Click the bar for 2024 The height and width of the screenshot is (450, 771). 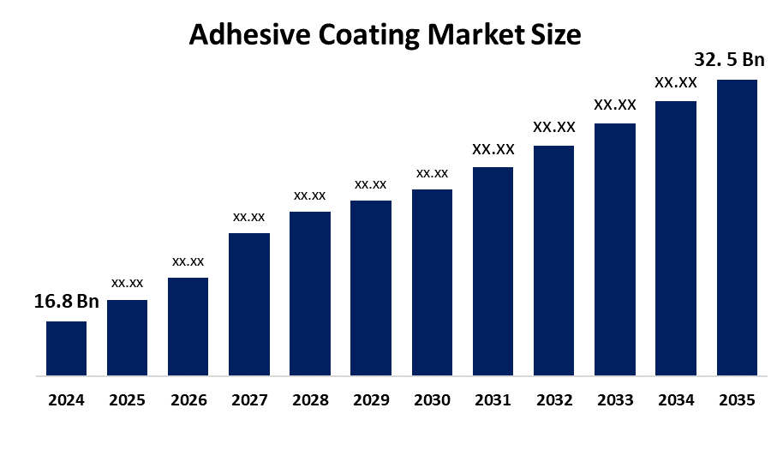coord(66,348)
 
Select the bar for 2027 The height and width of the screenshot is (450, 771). coord(249,303)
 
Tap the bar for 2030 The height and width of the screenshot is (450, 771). coord(432,282)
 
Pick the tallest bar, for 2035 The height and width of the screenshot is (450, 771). coord(737,227)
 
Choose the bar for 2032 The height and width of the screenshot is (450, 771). coord(554,261)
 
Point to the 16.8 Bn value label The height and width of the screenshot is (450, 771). coord(67,302)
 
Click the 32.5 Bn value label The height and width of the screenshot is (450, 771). coord(728,61)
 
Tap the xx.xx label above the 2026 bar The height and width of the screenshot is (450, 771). coord(188,261)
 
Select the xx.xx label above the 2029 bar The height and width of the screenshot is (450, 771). coord(371,183)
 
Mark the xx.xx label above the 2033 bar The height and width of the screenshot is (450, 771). coord(615,105)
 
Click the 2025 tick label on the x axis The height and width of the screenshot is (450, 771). coord(127,399)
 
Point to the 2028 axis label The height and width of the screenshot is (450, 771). coord(310,399)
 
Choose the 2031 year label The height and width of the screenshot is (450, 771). coord(493,399)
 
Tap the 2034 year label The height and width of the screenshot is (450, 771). coord(676,399)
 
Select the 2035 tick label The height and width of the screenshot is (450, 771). coord(737,399)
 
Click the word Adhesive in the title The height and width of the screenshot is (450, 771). coord(242,35)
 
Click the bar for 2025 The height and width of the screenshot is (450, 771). coord(127,338)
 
